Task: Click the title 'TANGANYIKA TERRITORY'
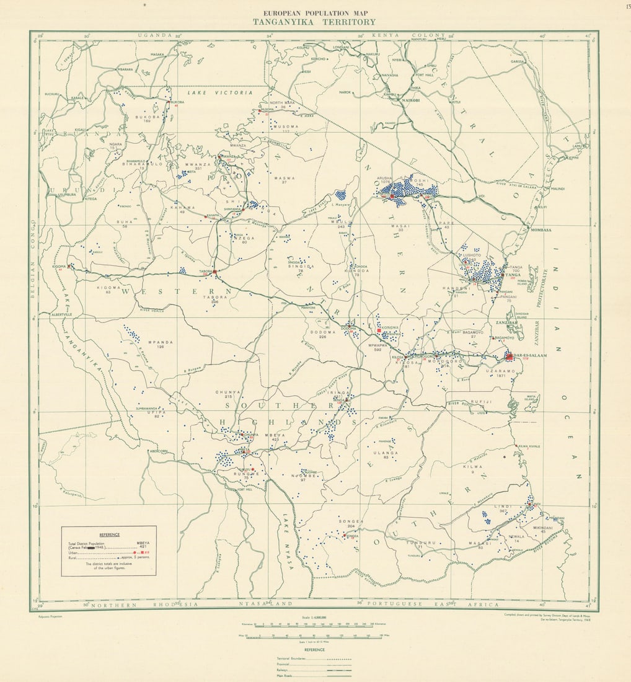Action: click(x=314, y=22)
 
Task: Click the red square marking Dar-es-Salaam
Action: click(x=509, y=356)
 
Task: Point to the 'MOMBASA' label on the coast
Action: click(x=541, y=230)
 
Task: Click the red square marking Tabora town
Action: click(x=214, y=272)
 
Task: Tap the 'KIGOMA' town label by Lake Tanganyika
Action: click(x=60, y=266)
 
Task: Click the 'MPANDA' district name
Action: click(x=160, y=342)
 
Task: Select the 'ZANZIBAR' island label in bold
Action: click(x=506, y=323)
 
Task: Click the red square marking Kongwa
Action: click(x=379, y=331)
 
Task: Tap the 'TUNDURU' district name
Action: click(x=419, y=542)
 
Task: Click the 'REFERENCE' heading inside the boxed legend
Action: click(x=109, y=534)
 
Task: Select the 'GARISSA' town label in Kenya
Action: click(x=518, y=61)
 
